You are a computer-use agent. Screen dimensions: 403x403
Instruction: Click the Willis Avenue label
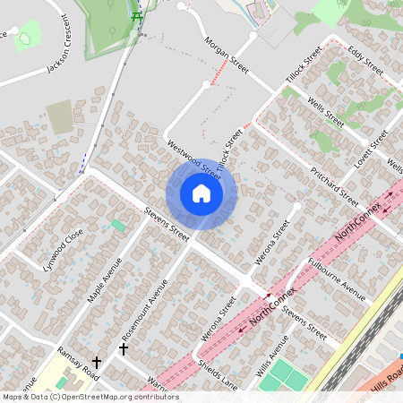click(x=276, y=356)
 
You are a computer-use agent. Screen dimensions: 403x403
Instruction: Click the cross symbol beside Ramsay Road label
click(x=96, y=363)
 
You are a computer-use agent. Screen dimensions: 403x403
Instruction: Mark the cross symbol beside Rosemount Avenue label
click(x=124, y=347)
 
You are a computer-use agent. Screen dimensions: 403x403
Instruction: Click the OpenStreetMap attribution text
click(x=90, y=397)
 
